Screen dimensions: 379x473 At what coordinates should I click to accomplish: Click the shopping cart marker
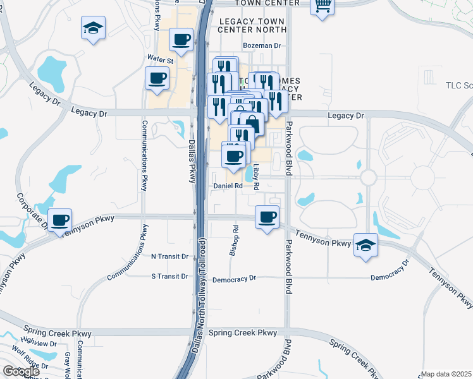(x=322, y=6)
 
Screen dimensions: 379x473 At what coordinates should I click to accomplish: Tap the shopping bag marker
(x=252, y=124)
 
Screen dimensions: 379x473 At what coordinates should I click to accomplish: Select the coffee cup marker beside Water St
(x=157, y=80)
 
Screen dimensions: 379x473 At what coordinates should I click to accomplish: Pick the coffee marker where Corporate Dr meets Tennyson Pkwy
(x=60, y=220)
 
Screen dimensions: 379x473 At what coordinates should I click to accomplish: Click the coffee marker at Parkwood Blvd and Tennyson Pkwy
(x=267, y=218)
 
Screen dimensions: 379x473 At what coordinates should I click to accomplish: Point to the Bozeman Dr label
(x=262, y=45)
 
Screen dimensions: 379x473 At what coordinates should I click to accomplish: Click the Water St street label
(x=160, y=59)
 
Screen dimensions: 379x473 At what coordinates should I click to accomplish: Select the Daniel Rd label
(x=228, y=186)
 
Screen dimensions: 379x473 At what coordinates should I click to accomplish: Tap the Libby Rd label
(x=257, y=178)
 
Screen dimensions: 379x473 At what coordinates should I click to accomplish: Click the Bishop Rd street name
(x=235, y=240)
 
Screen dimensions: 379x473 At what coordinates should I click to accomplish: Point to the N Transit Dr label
(x=170, y=257)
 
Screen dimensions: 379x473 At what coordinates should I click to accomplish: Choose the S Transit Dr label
(x=170, y=277)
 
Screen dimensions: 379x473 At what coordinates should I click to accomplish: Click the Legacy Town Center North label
(x=252, y=25)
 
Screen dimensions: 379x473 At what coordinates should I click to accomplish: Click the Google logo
(x=21, y=371)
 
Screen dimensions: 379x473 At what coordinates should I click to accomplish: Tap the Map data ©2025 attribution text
(x=446, y=374)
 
